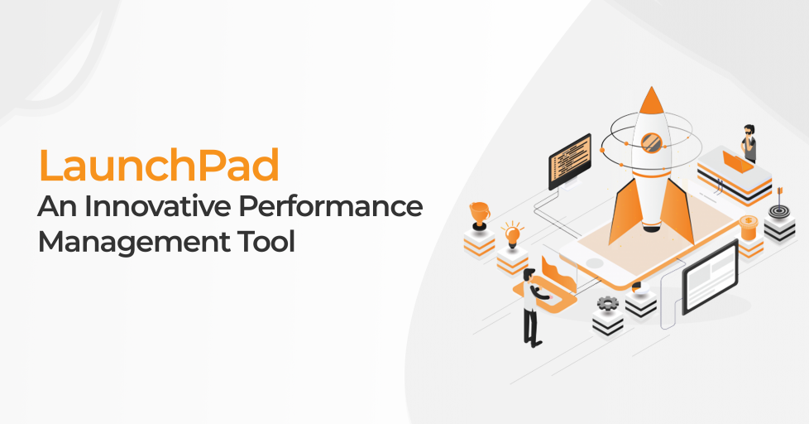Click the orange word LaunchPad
click(159, 165)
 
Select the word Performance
click(331, 206)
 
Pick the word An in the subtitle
click(57, 206)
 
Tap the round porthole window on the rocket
click(651, 142)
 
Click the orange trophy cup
click(479, 214)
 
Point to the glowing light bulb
click(512, 235)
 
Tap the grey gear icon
click(607, 303)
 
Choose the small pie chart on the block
click(640, 288)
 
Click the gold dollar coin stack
click(748, 228)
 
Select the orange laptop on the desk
click(738, 162)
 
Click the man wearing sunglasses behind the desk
click(749, 143)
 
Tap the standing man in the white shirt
click(533, 306)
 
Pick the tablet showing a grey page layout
click(710, 277)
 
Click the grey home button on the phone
click(594, 263)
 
